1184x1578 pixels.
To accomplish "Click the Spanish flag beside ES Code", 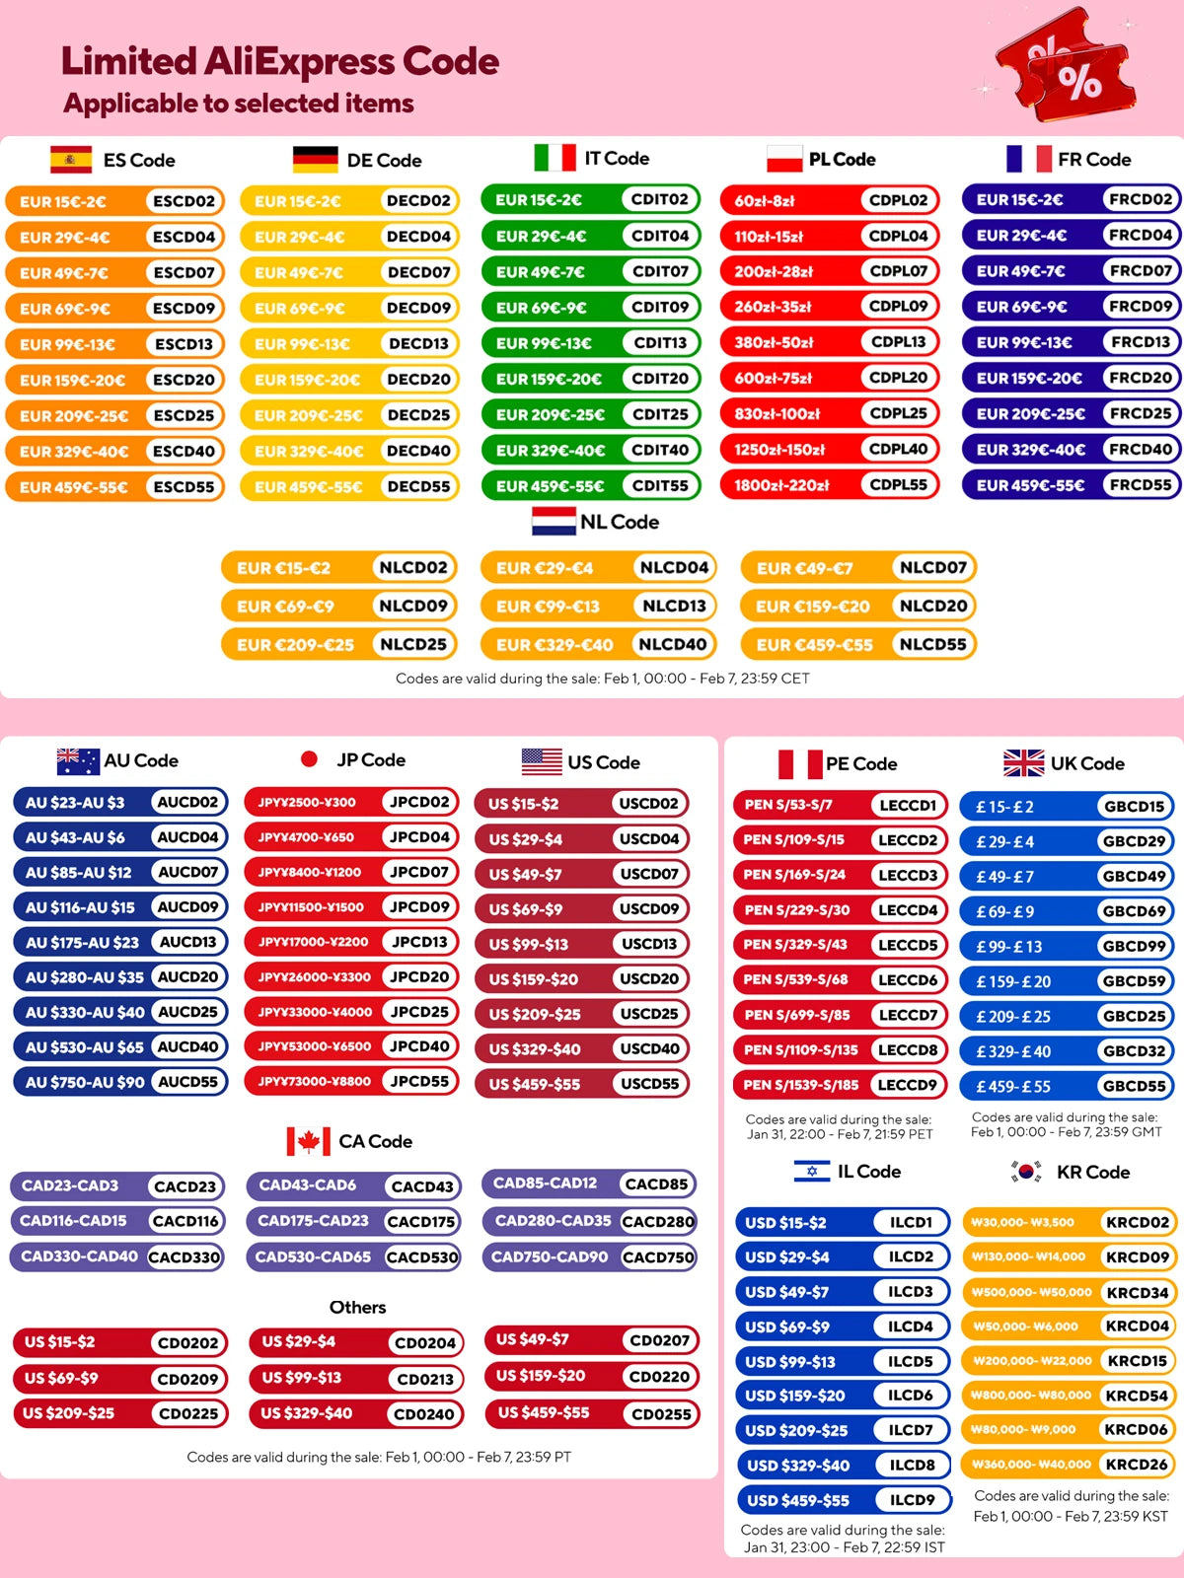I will click(x=71, y=160).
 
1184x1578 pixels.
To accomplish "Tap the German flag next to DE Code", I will click(x=315, y=160).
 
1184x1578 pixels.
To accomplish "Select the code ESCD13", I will click(x=184, y=344).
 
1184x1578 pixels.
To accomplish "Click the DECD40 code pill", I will click(x=418, y=451).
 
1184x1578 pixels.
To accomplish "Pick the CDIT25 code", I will click(x=660, y=414).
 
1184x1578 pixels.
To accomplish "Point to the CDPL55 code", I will click(x=898, y=485).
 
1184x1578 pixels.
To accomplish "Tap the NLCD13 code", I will click(x=674, y=606).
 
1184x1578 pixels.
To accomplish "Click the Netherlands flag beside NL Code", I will click(x=554, y=522).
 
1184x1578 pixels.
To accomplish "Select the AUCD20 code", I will click(x=187, y=977).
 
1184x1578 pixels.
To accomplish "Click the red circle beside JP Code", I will click(x=309, y=759).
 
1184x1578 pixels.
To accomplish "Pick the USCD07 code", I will click(x=649, y=874).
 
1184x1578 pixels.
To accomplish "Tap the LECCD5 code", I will click(x=908, y=945).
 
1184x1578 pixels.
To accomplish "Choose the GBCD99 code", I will click(x=1134, y=947).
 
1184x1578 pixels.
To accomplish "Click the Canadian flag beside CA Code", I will click(x=308, y=1142).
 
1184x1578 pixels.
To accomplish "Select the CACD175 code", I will click(x=421, y=1222).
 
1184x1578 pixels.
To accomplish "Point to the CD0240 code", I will click(x=424, y=1414).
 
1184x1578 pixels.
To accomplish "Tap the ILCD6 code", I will click(x=910, y=1396).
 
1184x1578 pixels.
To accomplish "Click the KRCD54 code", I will click(x=1137, y=1396).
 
